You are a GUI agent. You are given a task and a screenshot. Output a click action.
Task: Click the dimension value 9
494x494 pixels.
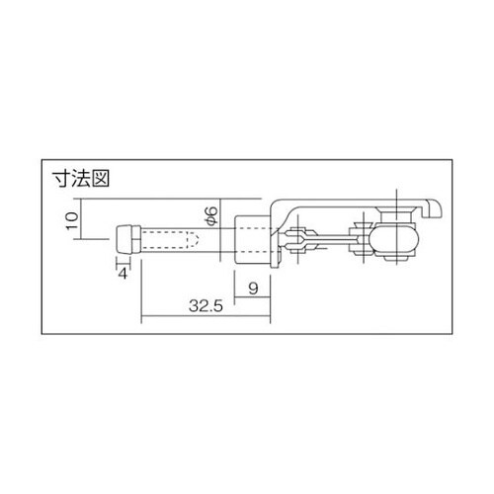[253, 289]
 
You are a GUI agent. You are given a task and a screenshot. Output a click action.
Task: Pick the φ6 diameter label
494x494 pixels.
[208, 215]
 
